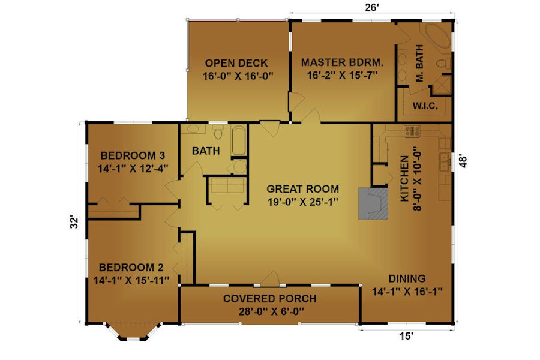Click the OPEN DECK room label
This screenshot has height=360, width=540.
click(x=236, y=64)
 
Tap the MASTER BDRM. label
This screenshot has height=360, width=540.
click(x=343, y=62)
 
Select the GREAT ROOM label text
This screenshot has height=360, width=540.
click(x=303, y=189)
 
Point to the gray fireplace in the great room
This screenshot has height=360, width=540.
click(x=373, y=203)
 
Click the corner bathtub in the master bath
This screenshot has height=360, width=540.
click(x=437, y=36)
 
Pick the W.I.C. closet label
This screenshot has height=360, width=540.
click(x=425, y=106)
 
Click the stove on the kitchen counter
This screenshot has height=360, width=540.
click(x=412, y=131)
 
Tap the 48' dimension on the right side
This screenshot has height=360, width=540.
click(x=463, y=161)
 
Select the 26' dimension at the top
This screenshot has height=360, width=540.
click(x=372, y=8)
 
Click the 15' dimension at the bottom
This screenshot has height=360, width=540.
click(x=406, y=336)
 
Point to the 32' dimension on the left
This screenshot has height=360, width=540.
click(x=74, y=223)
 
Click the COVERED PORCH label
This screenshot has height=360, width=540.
click(x=269, y=298)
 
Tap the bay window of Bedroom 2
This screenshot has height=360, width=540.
click(x=133, y=332)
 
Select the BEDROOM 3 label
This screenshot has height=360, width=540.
click(x=133, y=155)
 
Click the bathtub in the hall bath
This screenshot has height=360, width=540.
click(x=239, y=140)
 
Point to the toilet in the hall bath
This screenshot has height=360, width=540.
click(x=218, y=131)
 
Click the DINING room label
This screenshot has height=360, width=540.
click(x=407, y=278)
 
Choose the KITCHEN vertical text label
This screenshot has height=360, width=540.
click(x=404, y=178)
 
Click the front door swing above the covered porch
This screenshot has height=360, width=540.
click(x=269, y=278)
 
